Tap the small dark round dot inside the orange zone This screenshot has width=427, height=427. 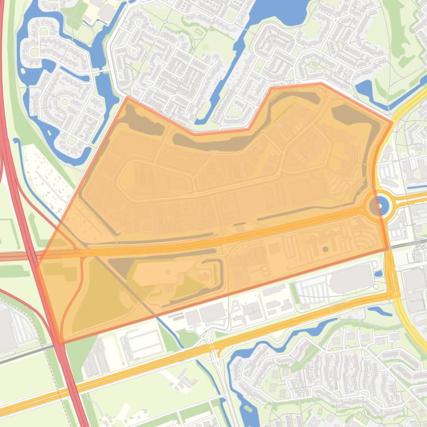(325, 250)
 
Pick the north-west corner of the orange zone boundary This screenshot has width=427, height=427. (127, 98)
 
